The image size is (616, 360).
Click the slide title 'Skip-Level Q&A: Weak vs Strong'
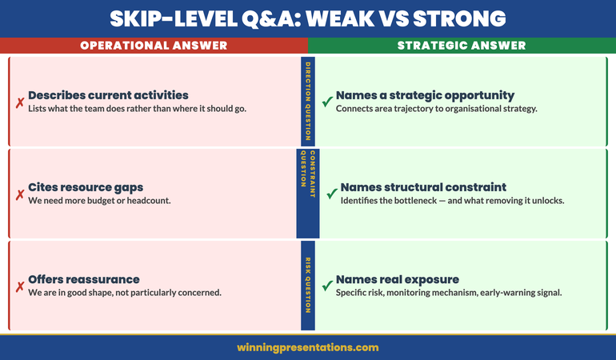(308, 18)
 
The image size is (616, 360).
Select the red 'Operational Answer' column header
(154, 46)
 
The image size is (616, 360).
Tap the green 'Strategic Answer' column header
(462, 46)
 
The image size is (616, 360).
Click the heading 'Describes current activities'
(108, 95)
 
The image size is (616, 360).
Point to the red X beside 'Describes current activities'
(19, 102)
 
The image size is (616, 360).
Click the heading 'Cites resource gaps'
(86, 187)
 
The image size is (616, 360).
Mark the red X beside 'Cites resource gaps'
(19, 194)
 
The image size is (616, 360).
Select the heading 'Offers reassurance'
(84, 279)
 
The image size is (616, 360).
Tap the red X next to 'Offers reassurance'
(19, 286)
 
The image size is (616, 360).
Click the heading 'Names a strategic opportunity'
(425, 95)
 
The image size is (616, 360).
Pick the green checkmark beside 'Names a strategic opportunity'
(326, 102)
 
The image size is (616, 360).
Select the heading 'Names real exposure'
(397, 279)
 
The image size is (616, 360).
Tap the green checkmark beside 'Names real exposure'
(326, 286)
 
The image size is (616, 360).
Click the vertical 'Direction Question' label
(307, 101)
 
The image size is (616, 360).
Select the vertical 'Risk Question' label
(307, 285)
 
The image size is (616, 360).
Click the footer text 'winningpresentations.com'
(308, 347)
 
